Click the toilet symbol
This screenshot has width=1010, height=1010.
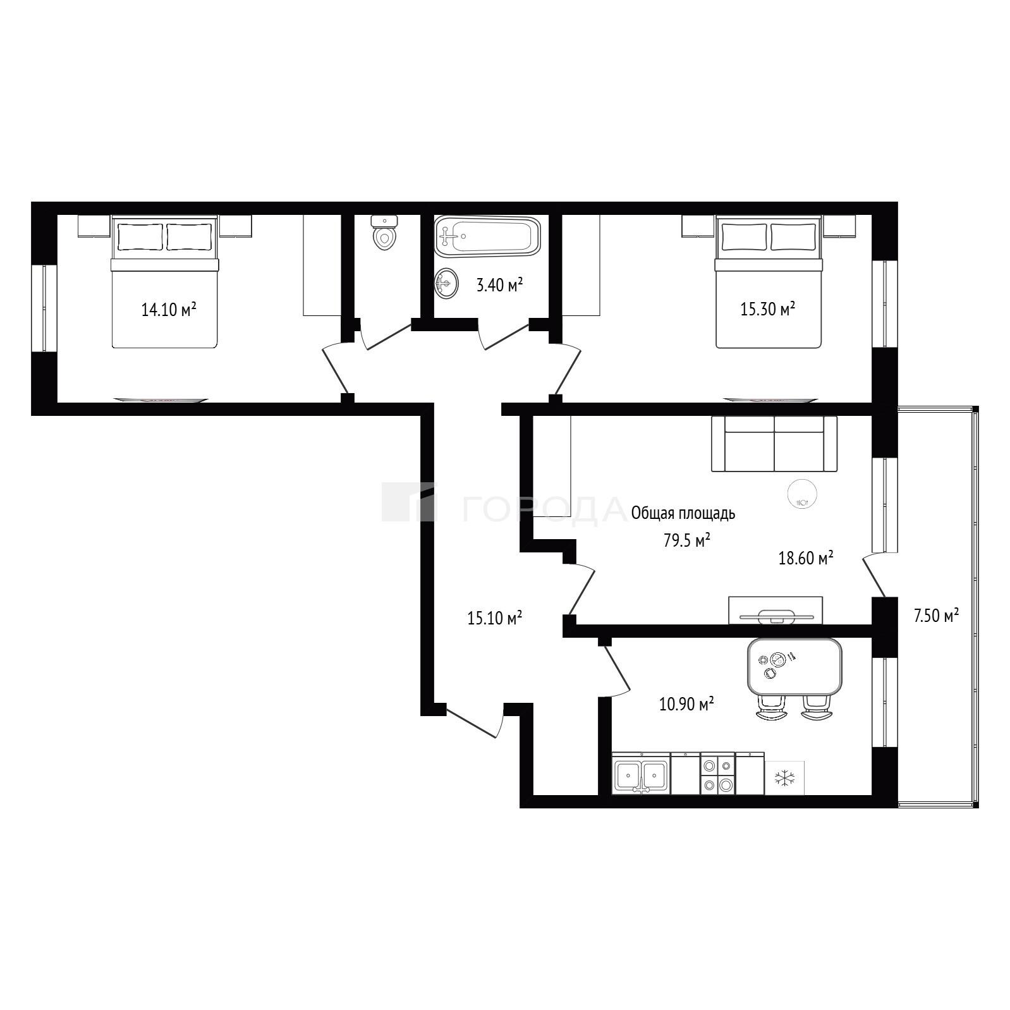(x=384, y=232)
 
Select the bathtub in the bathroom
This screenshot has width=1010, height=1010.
(x=487, y=236)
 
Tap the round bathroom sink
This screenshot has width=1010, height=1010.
(x=446, y=283)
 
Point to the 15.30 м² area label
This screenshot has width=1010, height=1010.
(x=767, y=309)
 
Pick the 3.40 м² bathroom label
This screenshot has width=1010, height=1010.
(x=499, y=285)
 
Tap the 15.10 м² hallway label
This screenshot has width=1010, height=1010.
(x=494, y=618)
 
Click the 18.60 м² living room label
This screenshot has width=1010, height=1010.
(x=805, y=558)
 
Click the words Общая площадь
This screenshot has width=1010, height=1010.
(x=683, y=513)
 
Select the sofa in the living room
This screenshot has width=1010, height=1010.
(x=774, y=443)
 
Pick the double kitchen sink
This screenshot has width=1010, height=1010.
(x=641, y=774)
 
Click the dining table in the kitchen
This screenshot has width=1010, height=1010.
(x=794, y=666)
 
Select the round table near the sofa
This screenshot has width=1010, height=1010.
(x=803, y=494)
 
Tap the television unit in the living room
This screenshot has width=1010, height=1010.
(x=776, y=610)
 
